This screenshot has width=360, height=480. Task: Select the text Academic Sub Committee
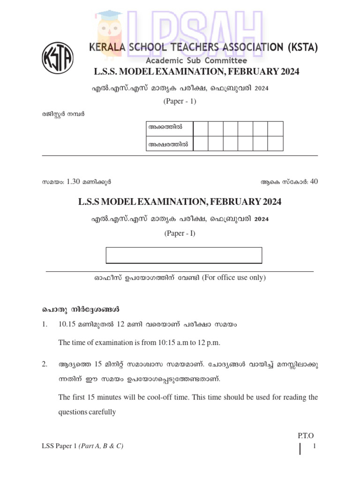(196, 60)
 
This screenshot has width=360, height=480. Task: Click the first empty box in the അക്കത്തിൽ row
(201, 128)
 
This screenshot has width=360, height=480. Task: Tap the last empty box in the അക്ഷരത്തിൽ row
(276, 144)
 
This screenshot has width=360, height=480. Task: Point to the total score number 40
(314, 182)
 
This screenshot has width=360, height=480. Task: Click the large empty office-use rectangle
(184, 255)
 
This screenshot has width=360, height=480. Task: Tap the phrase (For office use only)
(234, 277)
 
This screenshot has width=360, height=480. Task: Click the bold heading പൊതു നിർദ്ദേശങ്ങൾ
(79, 310)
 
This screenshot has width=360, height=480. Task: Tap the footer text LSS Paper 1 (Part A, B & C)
(82, 447)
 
